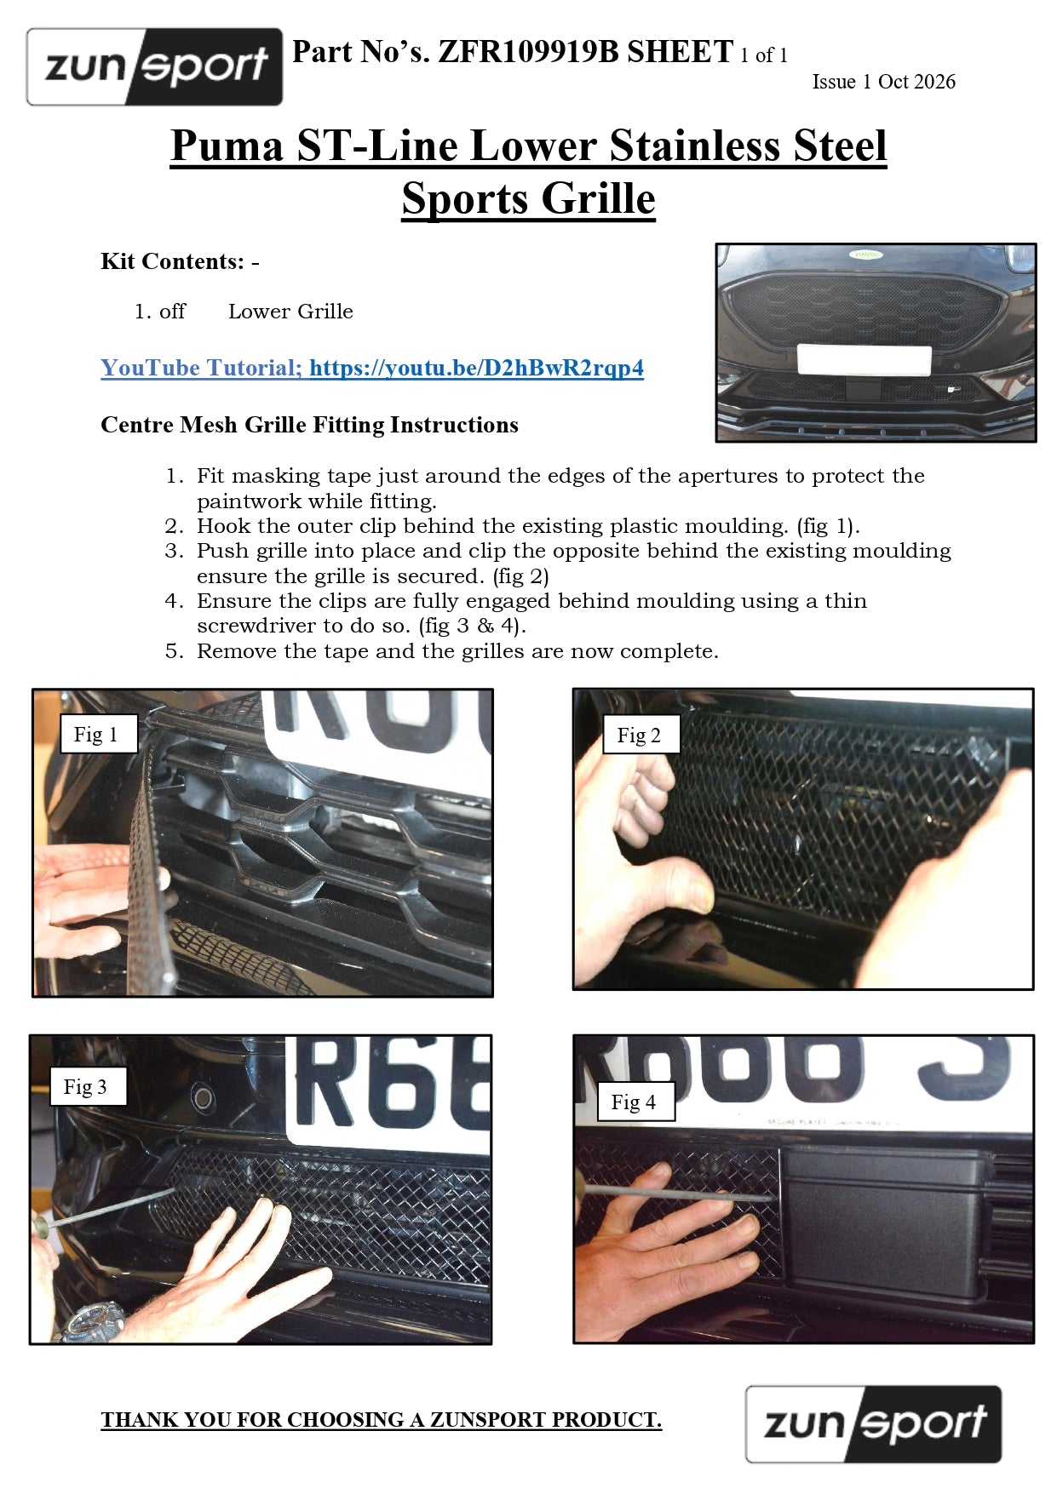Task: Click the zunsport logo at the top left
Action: pyautogui.click(x=154, y=66)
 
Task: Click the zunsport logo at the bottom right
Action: pyautogui.click(x=873, y=1424)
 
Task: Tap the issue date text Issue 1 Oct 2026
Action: pyautogui.click(x=883, y=82)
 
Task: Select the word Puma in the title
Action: pyautogui.click(x=227, y=146)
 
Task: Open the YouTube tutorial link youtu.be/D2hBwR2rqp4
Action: pyautogui.click(x=476, y=368)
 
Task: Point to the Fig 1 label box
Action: pyautogui.click(x=99, y=734)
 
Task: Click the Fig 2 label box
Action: pyautogui.click(x=641, y=735)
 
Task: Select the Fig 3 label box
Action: pyautogui.click(x=88, y=1086)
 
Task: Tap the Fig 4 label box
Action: pyautogui.click(x=635, y=1102)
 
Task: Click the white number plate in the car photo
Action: pyautogui.click(x=864, y=359)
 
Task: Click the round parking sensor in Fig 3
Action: pyautogui.click(x=203, y=1097)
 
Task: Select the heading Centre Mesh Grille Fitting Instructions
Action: pyautogui.click(x=309, y=425)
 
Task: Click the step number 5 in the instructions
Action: pyautogui.click(x=174, y=651)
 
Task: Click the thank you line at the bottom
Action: pyautogui.click(x=381, y=1419)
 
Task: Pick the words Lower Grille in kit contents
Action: pyautogui.click(x=290, y=312)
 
